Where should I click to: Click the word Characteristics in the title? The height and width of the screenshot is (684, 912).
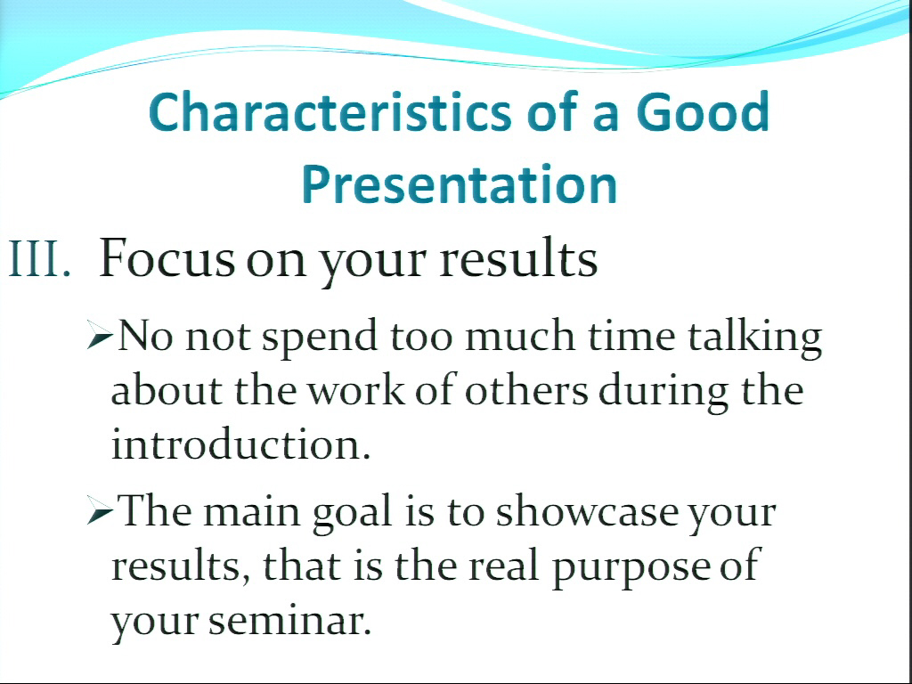point(330,111)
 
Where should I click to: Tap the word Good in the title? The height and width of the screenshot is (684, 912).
point(704,111)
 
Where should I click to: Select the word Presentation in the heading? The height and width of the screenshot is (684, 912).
point(460,183)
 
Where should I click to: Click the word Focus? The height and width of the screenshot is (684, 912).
point(167,257)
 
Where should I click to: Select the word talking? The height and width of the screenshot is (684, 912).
point(755,338)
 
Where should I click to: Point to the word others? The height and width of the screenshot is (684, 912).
point(526,390)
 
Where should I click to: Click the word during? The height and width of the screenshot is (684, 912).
point(663,392)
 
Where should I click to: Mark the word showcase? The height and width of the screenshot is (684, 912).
point(587,509)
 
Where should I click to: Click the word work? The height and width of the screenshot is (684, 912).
point(355,390)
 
